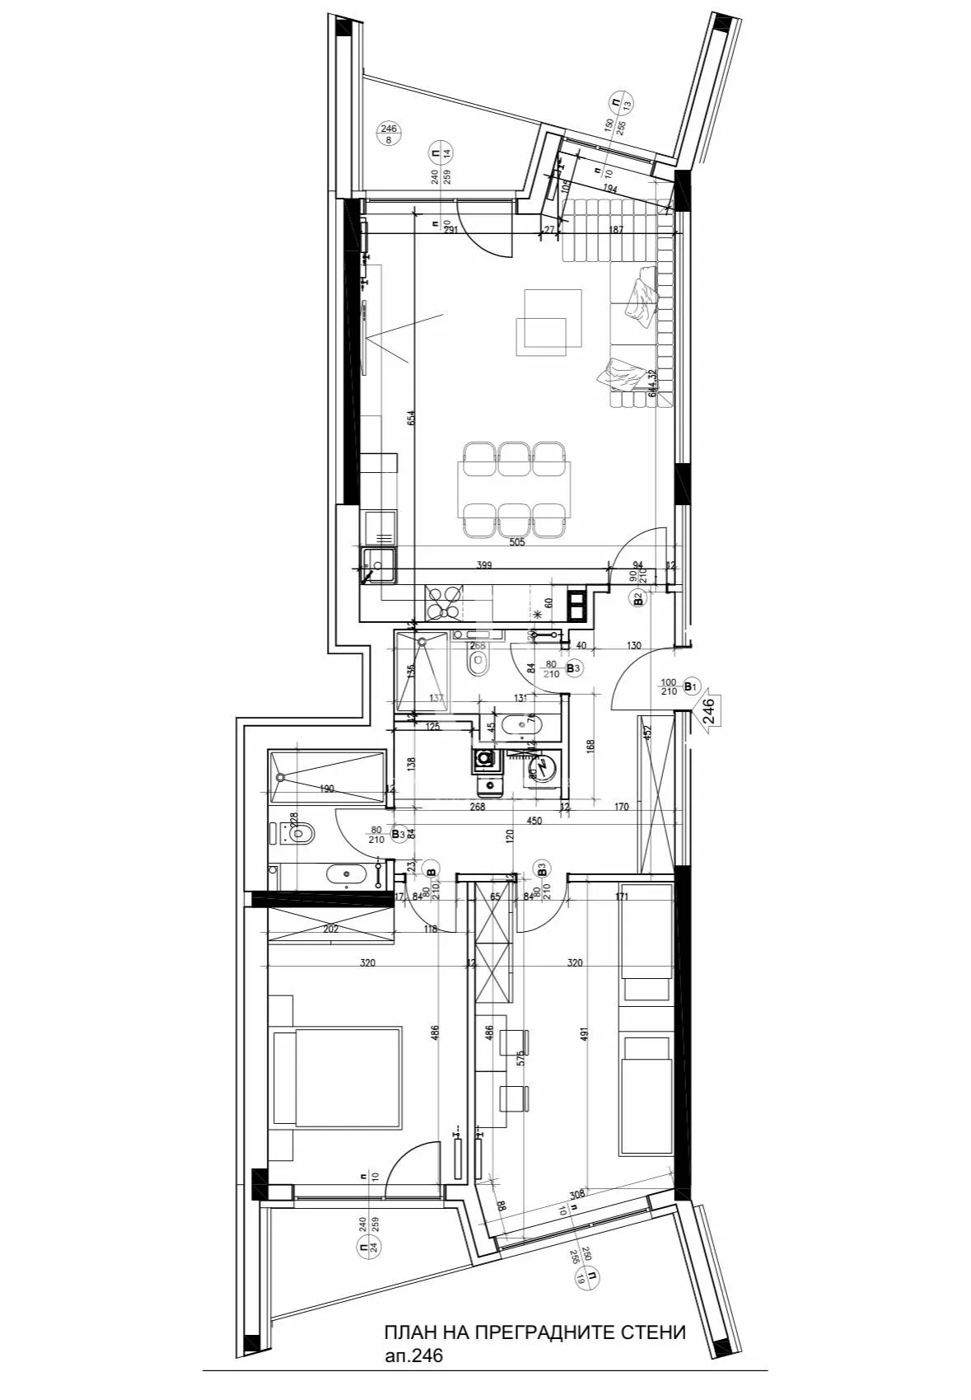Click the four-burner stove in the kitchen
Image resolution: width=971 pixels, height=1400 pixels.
[443, 601]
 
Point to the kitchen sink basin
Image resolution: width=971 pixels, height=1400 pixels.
[379, 566]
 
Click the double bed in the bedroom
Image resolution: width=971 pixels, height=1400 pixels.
[337, 1075]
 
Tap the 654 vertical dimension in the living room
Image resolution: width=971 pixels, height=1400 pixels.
[411, 419]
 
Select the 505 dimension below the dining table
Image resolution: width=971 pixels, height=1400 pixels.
[517, 542]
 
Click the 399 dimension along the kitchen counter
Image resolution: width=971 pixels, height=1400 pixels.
[485, 565]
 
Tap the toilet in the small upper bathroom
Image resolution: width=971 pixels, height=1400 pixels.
[477, 663]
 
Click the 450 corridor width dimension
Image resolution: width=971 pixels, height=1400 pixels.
[535, 821]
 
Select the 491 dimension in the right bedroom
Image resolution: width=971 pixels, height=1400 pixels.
[584, 1035]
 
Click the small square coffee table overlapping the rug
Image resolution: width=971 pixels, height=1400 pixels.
[541, 336]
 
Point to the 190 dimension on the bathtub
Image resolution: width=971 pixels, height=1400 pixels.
[327, 789]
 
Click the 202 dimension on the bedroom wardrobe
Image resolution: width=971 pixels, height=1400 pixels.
[330, 929]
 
